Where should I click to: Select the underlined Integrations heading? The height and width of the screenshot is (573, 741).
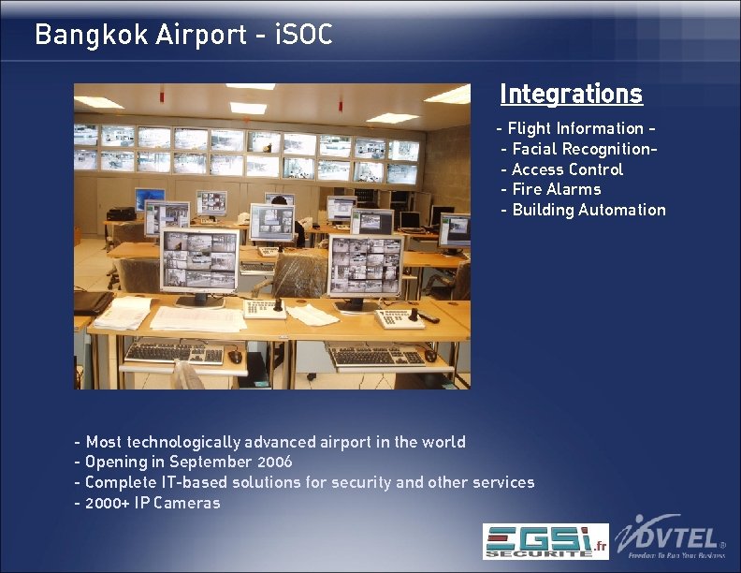click(x=571, y=95)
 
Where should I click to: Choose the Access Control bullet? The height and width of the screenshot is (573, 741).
click(x=562, y=169)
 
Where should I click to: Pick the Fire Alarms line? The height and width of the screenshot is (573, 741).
click(x=551, y=189)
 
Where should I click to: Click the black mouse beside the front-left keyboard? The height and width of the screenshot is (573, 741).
click(x=236, y=357)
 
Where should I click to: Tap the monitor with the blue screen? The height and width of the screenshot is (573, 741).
click(x=149, y=198)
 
